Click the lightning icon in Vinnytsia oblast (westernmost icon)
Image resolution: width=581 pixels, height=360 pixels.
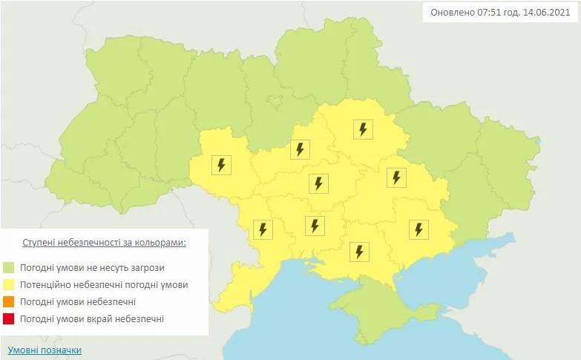click(x=221, y=164)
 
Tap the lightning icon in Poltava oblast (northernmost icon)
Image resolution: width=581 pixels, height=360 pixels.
click(x=362, y=129)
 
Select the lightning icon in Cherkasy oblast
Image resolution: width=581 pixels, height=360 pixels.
click(x=299, y=149)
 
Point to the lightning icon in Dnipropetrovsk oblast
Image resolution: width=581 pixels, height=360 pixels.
click(x=395, y=177)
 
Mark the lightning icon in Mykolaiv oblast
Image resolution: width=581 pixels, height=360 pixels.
click(x=315, y=225)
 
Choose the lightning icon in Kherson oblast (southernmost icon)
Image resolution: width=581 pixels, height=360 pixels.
click(x=359, y=252)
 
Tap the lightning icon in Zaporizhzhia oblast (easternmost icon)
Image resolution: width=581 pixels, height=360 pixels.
click(x=418, y=229)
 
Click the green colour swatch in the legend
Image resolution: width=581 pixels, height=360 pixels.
click(x=9, y=267)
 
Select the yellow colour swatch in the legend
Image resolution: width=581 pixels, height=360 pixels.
click(x=9, y=284)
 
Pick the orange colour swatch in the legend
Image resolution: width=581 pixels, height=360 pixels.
click(x=9, y=302)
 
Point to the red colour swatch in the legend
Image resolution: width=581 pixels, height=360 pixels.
click(x=9, y=319)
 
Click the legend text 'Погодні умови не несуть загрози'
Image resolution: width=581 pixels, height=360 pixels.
click(x=93, y=267)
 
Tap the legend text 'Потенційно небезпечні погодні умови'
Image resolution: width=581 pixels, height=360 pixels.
click(x=104, y=284)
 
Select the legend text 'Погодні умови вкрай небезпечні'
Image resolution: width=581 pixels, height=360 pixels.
click(x=92, y=319)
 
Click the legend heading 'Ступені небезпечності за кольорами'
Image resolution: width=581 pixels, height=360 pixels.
click(x=104, y=243)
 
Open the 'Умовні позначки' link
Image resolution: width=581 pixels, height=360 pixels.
click(x=45, y=350)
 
